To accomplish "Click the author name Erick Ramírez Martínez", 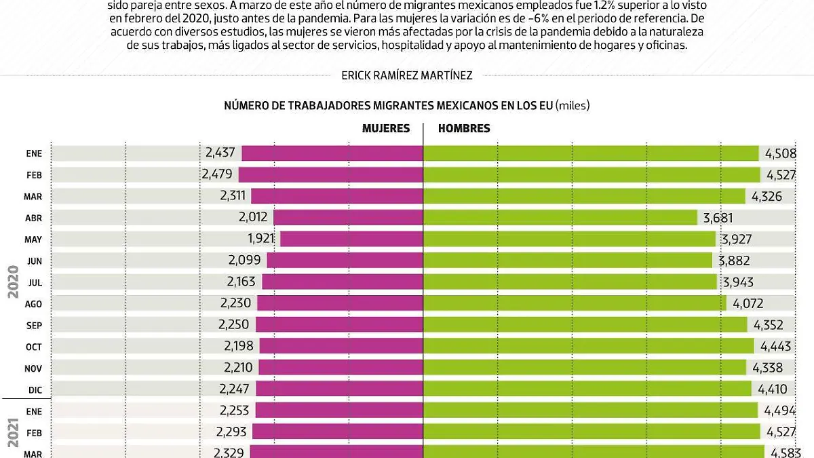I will (x=407, y=76).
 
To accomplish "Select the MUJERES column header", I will (x=385, y=128).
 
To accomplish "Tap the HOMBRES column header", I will (x=464, y=128).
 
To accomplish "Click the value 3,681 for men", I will (x=718, y=218).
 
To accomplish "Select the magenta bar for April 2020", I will (x=348, y=218).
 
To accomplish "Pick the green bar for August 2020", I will (x=574, y=303).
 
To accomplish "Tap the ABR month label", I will (x=34, y=218).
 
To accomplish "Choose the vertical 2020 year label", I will (x=13, y=282).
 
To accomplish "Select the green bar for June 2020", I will (x=567, y=261).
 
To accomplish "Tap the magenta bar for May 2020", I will (x=351, y=239).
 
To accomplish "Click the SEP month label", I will (x=34, y=325).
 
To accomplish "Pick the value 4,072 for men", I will (x=748, y=303).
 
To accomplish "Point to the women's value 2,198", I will (x=239, y=346).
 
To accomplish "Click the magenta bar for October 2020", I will (x=341, y=346).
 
